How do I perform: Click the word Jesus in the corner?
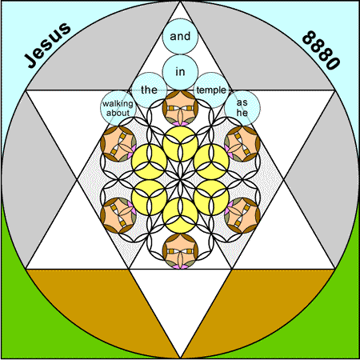click(48, 46)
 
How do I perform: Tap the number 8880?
click(321, 50)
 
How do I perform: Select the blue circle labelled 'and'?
click(180, 36)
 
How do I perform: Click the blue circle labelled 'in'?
click(180, 72)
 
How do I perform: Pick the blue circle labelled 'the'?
click(150, 90)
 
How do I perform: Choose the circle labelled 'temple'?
click(211, 90)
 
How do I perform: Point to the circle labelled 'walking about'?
click(118, 108)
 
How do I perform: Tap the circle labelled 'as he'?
click(242, 108)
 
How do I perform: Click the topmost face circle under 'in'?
click(180, 108)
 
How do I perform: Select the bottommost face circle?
click(180, 251)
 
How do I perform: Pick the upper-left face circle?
click(118, 144)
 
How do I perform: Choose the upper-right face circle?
click(242, 144)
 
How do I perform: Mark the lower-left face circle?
click(118, 215)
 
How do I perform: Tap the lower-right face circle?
click(242, 215)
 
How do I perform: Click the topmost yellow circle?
click(180, 144)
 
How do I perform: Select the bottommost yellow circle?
click(180, 215)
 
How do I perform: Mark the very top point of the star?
click(180, 2)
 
